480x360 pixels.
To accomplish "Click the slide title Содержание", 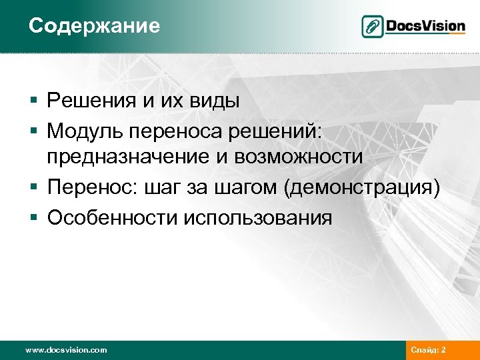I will pos(94,26).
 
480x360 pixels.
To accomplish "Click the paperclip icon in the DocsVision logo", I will pos(372,27).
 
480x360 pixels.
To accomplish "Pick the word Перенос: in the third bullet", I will pos(89,188).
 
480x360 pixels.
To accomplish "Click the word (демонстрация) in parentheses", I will pos(361,189).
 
